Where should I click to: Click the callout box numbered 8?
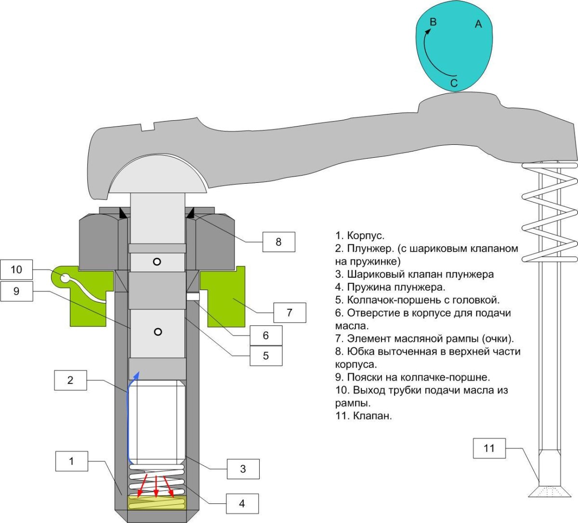pyautogui.click(x=278, y=242)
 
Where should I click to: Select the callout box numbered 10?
pyautogui.click(x=17, y=269)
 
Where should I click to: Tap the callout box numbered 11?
pyautogui.click(x=489, y=448)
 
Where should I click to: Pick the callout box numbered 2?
pyautogui.click(x=70, y=380)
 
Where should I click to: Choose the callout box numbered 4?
pyautogui.click(x=242, y=503)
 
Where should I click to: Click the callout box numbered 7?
pyautogui.click(x=289, y=312)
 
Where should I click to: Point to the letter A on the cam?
pyautogui.click(x=478, y=24)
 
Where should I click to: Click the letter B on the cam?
pyautogui.click(x=433, y=22)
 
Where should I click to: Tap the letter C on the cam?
pyautogui.click(x=454, y=83)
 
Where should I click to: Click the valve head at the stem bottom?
pyautogui.click(x=549, y=492)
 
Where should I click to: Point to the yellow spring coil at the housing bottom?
pyautogui.click(x=157, y=503)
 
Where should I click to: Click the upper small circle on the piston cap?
pyautogui.click(x=157, y=262)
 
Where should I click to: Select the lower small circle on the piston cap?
pyautogui.click(x=158, y=332)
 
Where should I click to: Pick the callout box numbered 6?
pyautogui.click(x=265, y=335)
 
